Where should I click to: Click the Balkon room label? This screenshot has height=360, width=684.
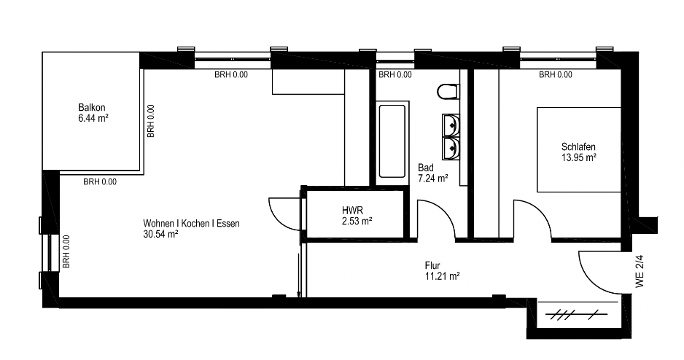click(92, 107)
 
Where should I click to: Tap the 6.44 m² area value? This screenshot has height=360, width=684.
click(93, 117)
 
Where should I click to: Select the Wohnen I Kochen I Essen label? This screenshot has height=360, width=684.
click(191, 224)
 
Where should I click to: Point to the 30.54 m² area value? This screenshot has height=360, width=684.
click(160, 234)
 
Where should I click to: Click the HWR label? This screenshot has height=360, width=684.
click(352, 211)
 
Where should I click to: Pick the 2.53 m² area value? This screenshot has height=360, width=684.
click(357, 221)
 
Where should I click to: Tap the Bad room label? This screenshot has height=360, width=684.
click(426, 168)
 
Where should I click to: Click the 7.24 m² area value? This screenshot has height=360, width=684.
click(433, 179)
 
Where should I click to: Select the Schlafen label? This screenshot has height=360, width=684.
click(578, 147)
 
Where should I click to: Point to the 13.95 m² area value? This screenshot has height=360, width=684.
click(579, 157)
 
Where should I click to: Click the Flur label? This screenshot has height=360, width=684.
click(432, 265)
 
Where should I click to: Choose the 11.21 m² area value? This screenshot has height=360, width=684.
click(442, 276)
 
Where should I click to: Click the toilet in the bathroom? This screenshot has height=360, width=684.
click(448, 92)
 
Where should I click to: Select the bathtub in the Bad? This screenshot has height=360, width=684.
click(392, 140)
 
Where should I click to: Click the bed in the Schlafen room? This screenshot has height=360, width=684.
click(578, 149)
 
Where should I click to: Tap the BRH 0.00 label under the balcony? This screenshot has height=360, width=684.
click(100, 181)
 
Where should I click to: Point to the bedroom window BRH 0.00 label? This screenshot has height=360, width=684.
click(556, 74)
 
